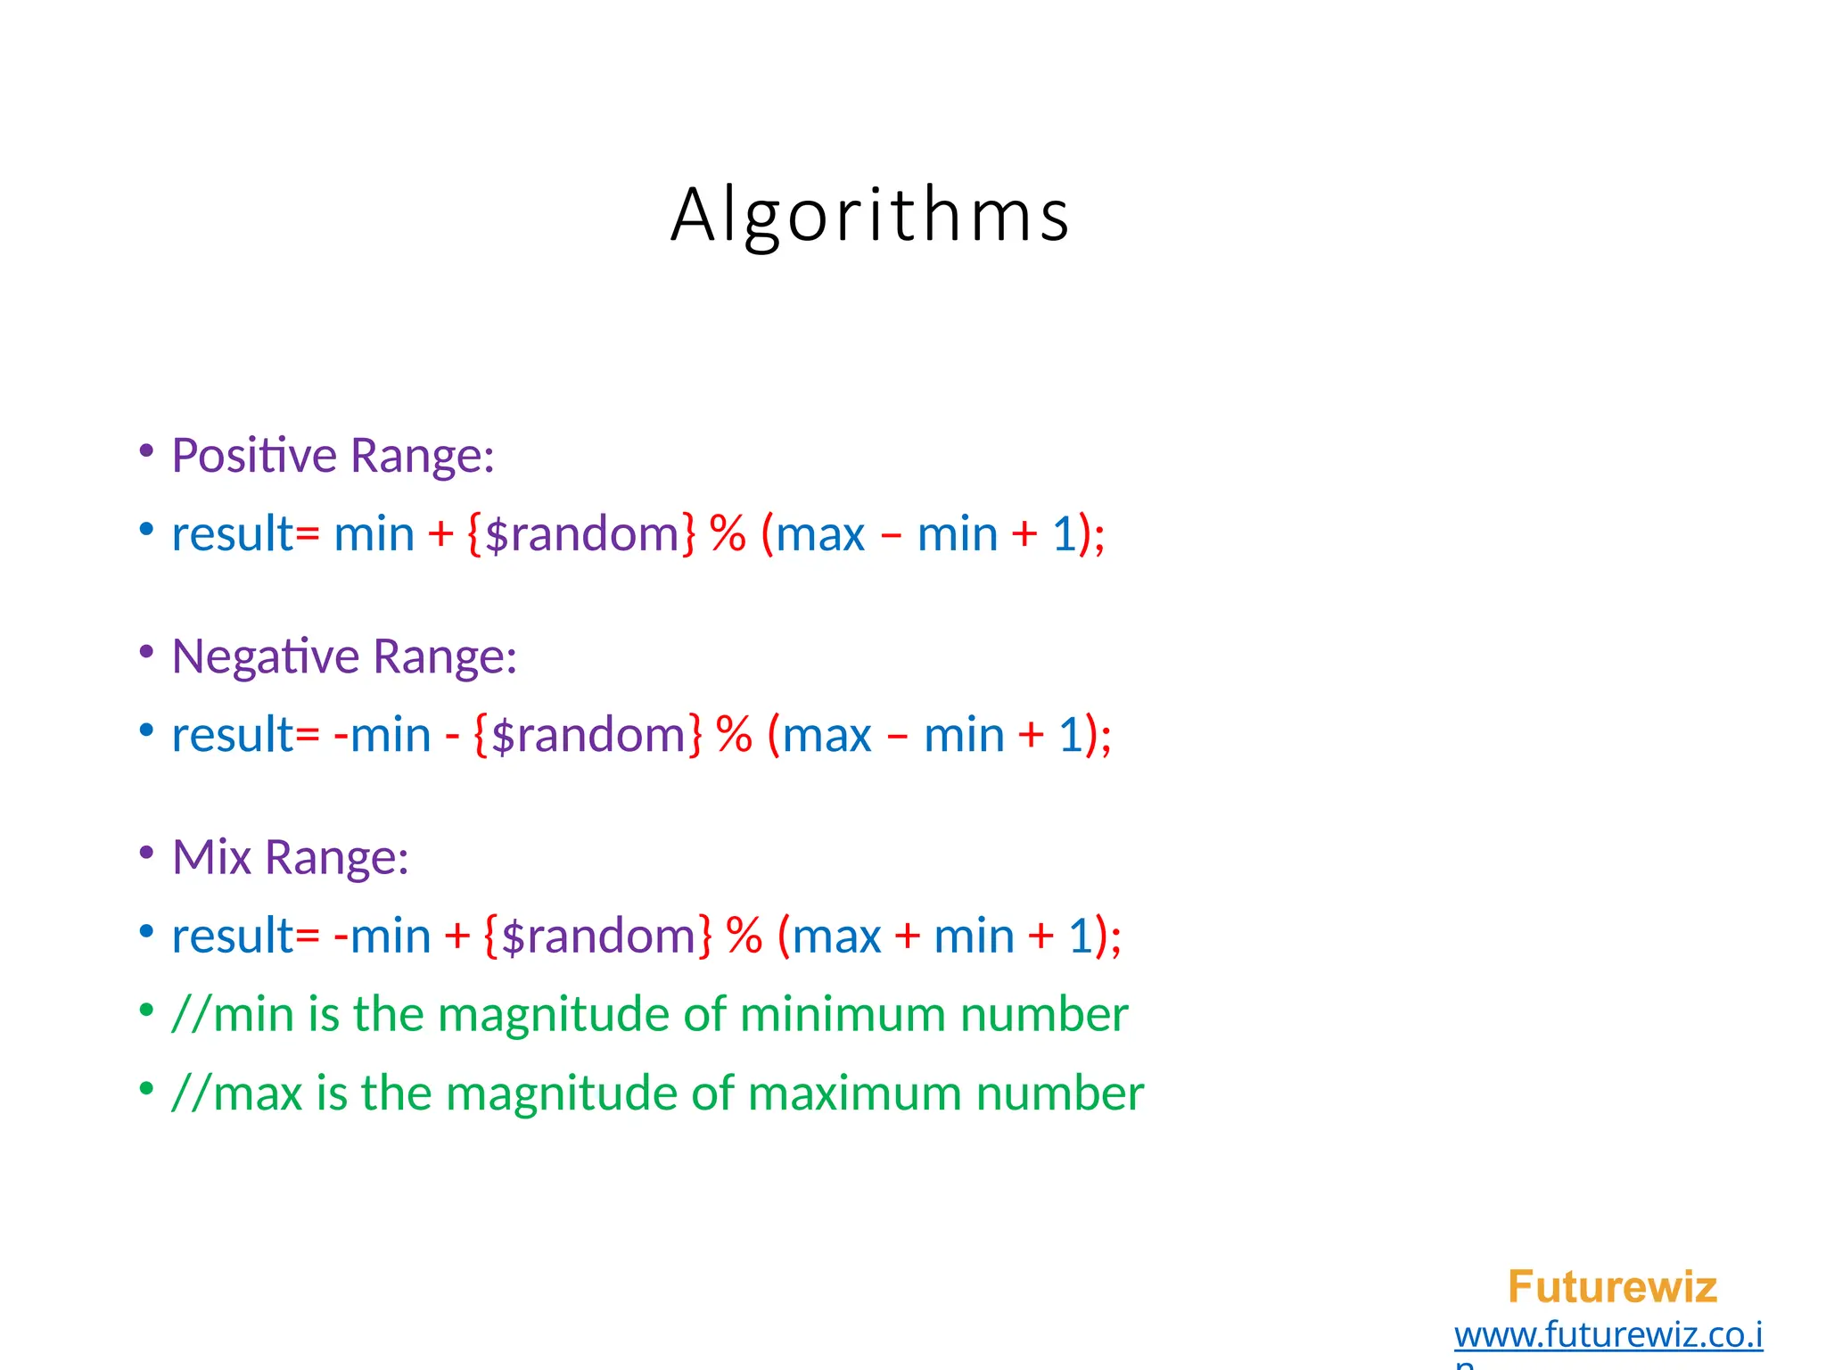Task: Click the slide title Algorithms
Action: click(869, 214)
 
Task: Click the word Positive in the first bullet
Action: click(254, 456)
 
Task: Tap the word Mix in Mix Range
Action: click(211, 857)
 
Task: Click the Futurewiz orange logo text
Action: click(1611, 1287)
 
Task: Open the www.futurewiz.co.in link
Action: click(1608, 1335)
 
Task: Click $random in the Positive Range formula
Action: click(582, 534)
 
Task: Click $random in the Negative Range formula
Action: click(588, 735)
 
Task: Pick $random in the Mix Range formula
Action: click(598, 936)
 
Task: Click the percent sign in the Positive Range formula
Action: click(728, 534)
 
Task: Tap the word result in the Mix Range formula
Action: click(232, 936)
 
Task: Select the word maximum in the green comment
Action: click(853, 1093)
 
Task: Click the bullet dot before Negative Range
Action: click(146, 652)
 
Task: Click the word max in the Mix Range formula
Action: click(835, 936)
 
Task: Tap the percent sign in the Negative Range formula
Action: click(734, 735)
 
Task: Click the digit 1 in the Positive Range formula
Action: click(1064, 534)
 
